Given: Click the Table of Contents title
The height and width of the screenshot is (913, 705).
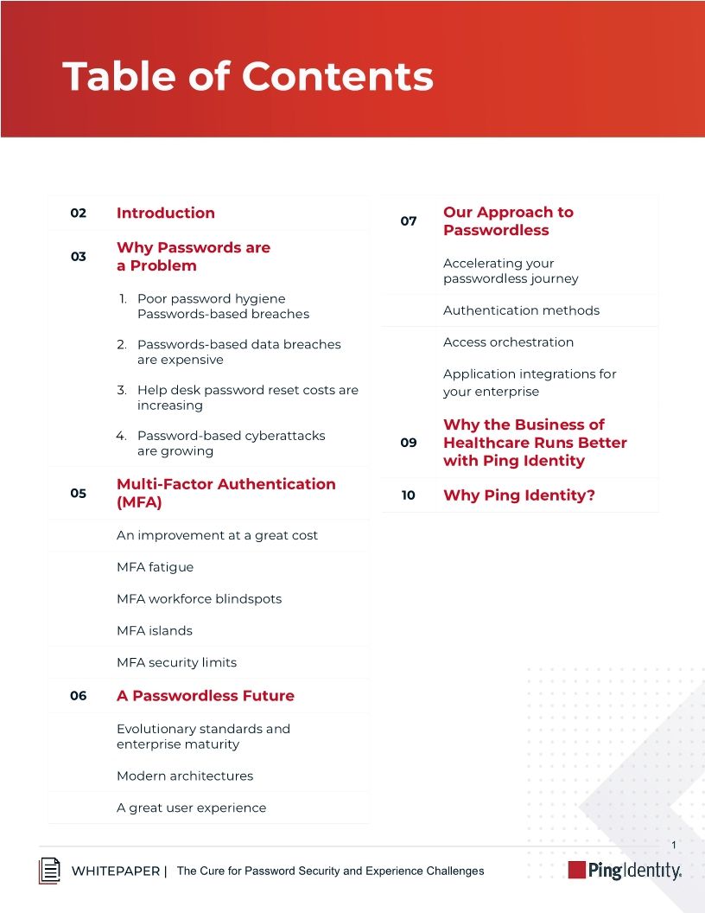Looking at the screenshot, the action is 248,76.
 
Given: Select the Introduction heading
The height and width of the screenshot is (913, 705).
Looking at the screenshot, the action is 166,213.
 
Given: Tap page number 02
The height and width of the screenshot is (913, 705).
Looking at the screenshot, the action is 79,213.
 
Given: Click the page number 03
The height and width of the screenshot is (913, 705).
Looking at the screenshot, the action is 79,257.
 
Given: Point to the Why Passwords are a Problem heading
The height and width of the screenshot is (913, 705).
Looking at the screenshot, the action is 194,257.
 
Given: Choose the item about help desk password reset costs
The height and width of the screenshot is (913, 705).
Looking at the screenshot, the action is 247,398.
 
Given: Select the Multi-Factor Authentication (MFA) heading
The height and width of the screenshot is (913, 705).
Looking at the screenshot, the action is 225,493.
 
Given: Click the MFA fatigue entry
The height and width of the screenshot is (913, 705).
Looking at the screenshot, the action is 156,567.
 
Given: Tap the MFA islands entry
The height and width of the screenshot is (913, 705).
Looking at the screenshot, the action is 155,630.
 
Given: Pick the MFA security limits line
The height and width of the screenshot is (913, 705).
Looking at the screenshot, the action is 177,662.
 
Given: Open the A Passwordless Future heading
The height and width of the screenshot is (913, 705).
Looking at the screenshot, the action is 206,696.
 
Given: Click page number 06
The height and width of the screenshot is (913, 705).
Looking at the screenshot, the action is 79,696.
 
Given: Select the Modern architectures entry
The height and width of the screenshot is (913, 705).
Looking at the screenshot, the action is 185,776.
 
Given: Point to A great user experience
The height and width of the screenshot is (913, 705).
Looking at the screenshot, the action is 192,808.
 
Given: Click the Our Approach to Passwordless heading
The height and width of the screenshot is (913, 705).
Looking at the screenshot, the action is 508,221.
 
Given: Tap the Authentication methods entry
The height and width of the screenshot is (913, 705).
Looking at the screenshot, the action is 521,310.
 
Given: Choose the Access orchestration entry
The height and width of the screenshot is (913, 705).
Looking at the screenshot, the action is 508,342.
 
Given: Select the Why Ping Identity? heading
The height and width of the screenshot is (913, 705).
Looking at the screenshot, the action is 519,495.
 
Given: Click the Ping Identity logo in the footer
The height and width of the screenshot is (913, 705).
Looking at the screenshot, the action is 625,871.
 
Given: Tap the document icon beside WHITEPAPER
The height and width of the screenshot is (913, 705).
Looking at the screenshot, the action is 50,871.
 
